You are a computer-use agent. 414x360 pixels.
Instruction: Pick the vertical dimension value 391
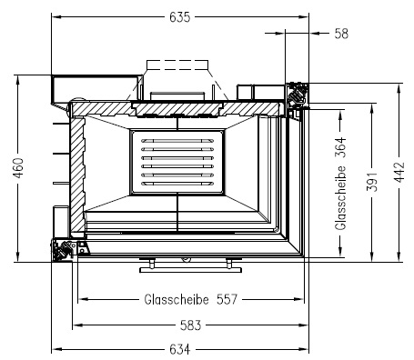tap(371, 183)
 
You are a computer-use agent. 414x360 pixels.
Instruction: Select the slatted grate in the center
tap(178, 164)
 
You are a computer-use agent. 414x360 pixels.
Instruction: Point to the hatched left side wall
tap(77, 173)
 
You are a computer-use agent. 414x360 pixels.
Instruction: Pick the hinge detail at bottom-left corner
tap(66, 252)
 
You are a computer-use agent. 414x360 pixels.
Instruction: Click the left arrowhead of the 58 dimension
tap(288, 34)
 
